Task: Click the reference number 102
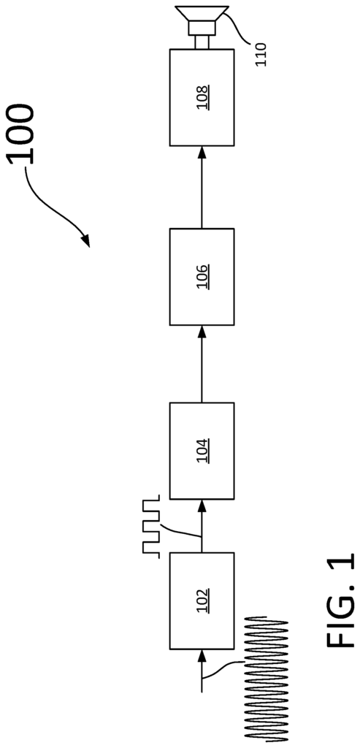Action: [202, 600]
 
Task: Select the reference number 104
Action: [202, 451]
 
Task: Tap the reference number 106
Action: [202, 277]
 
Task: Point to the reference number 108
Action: [202, 97]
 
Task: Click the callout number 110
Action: [261, 54]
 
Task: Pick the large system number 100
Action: [22, 134]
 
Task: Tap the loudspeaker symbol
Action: [202, 21]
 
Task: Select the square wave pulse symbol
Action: [150, 525]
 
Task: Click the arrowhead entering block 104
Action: [202, 506]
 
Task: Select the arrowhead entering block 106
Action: [202, 332]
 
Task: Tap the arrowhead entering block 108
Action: [202, 153]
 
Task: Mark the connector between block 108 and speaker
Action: [202, 43]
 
